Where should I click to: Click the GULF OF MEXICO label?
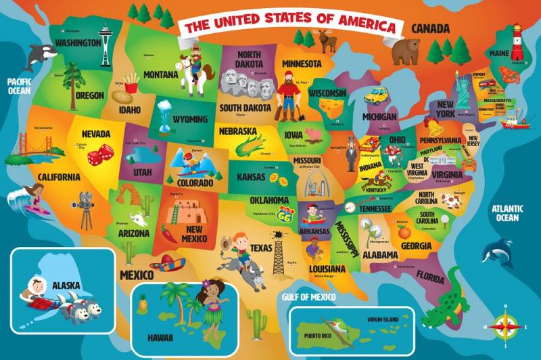(x=311, y=296)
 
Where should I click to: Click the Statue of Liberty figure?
(x=463, y=86)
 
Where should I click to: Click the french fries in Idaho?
(x=132, y=83)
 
